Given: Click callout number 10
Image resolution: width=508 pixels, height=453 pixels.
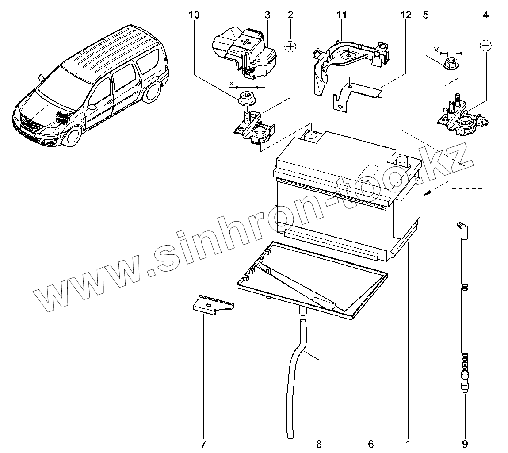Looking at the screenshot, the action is coord(194,15).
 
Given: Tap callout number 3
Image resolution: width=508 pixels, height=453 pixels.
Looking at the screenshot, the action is coord(267,15).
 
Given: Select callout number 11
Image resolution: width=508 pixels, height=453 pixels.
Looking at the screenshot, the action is coord(340,15).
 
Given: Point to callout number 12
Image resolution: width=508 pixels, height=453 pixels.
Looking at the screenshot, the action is coord(406,15).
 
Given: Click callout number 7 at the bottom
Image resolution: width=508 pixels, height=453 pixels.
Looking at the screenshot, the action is coord(204,443).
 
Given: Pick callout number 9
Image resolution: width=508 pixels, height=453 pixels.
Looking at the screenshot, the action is coord(465,443).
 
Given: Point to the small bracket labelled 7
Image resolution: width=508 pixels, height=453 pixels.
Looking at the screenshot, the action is coord(213,304).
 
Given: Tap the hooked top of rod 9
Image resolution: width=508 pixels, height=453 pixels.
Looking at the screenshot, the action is coord(461,226).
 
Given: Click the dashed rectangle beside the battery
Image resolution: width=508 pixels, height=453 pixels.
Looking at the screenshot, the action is coord(467,180).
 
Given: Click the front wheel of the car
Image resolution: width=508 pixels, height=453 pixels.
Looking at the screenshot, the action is coord(73,136).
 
